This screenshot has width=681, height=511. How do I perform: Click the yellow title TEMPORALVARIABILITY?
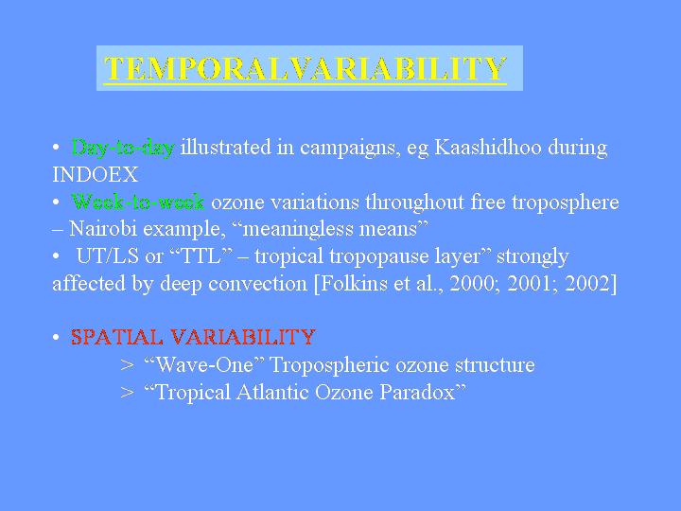[306, 68]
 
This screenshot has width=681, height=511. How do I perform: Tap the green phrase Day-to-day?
[123, 148]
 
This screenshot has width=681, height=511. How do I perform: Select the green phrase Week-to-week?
[138, 203]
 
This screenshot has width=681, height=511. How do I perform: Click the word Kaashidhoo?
[488, 148]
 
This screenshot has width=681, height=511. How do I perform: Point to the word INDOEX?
[96, 175]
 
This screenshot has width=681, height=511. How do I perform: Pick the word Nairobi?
[103, 229]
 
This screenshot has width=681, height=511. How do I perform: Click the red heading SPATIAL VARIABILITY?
[193, 337]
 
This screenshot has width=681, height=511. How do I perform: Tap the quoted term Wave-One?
[204, 364]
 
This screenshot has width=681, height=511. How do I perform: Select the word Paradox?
[417, 392]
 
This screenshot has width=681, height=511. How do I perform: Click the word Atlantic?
[272, 392]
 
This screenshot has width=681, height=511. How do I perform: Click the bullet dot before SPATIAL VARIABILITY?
[56, 338]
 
